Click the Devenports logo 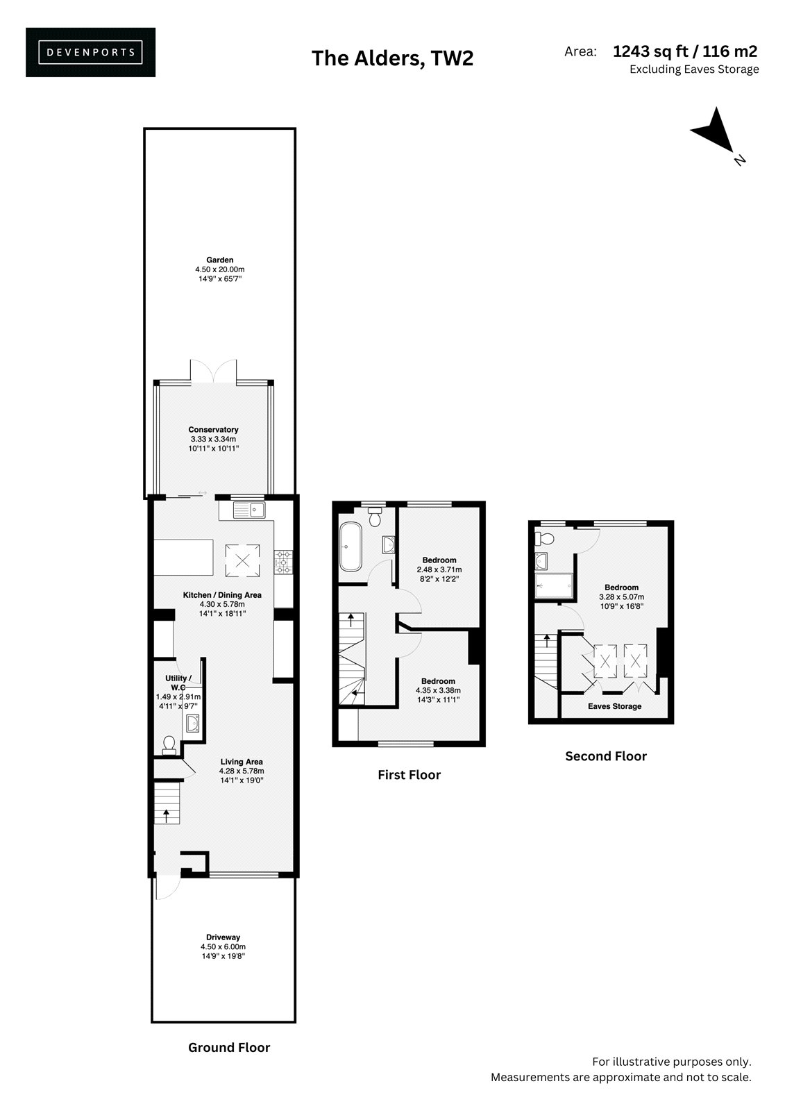90,52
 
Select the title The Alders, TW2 392,58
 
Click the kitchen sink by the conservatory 249,510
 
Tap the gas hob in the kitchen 284,562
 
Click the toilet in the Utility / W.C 169,744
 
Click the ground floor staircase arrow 166,815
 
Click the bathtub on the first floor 351,546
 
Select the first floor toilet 375,517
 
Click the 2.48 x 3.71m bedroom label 439,569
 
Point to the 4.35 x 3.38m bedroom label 439,690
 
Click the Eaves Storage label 614,706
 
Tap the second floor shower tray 554,586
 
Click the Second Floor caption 606,756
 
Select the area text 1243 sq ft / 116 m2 685,51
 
